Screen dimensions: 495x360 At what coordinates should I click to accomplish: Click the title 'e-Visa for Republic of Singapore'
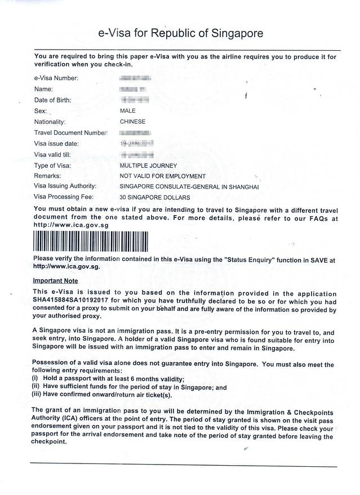tap(180, 33)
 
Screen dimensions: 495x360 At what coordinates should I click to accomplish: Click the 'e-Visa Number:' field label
tap(56, 78)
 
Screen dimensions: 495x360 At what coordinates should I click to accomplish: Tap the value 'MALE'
tap(128, 111)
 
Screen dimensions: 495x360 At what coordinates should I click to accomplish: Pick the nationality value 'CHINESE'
tap(132, 122)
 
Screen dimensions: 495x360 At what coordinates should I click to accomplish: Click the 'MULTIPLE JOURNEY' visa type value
tap(148, 166)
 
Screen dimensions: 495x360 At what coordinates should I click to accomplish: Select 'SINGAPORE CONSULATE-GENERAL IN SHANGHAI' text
tap(189, 186)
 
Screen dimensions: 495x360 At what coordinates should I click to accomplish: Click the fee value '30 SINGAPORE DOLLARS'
tap(155, 198)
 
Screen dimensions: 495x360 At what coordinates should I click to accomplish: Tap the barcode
tap(91, 241)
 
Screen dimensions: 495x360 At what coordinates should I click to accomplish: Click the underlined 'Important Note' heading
tap(55, 281)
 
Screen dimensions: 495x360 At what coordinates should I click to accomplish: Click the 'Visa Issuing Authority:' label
tap(65, 186)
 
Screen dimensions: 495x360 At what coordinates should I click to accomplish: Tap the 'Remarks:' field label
tap(48, 176)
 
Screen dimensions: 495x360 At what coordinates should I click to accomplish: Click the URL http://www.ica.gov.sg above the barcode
tap(71, 225)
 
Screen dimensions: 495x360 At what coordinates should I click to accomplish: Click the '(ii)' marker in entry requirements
tap(35, 387)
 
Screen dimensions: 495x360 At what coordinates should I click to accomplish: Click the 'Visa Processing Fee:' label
tap(64, 198)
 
